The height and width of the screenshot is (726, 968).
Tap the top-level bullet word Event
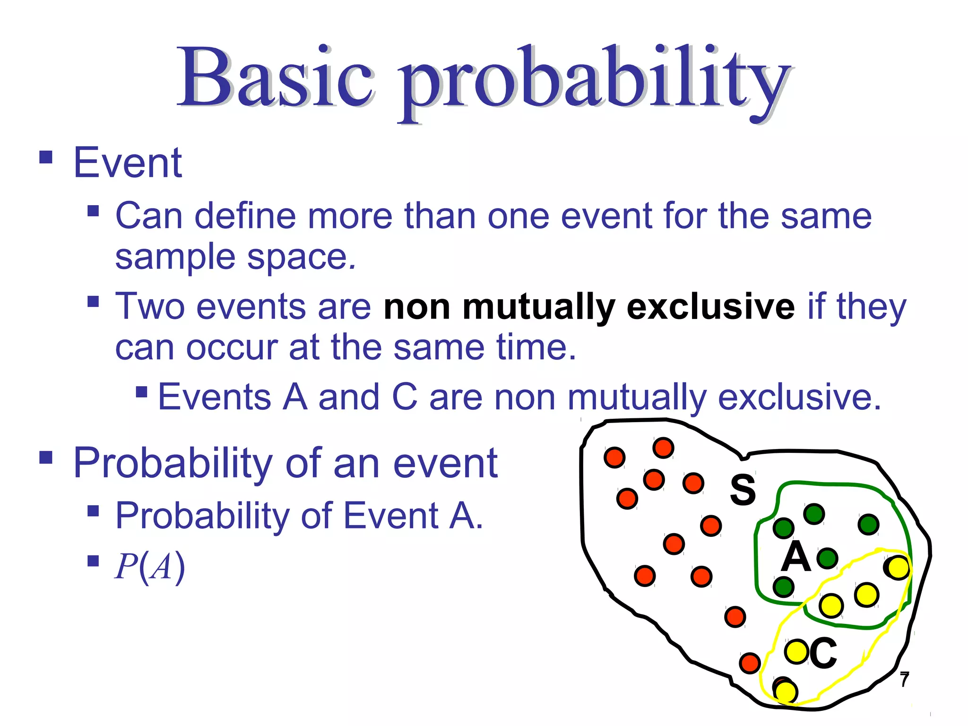(x=128, y=163)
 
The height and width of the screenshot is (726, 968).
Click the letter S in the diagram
(x=743, y=490)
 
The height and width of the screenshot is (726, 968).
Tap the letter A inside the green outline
(x=795, y=557)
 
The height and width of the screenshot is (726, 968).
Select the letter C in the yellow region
(x=823, y=653)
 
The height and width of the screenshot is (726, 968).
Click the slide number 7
(x=904, y=680)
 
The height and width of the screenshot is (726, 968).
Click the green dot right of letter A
(x=827, y=559)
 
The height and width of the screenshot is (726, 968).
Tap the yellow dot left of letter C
(x=796, y=652)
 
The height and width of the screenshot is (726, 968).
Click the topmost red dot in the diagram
(x=663, y=448)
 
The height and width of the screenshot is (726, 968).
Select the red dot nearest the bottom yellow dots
(x=750, y=663)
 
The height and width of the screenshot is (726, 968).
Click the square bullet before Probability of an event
(x=46, y=458)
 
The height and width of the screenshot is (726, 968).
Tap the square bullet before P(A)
(x=93, y=561)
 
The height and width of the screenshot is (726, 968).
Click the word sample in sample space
(x=175, y=258)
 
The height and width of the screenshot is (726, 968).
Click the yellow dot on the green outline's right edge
(x=898, y=568)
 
